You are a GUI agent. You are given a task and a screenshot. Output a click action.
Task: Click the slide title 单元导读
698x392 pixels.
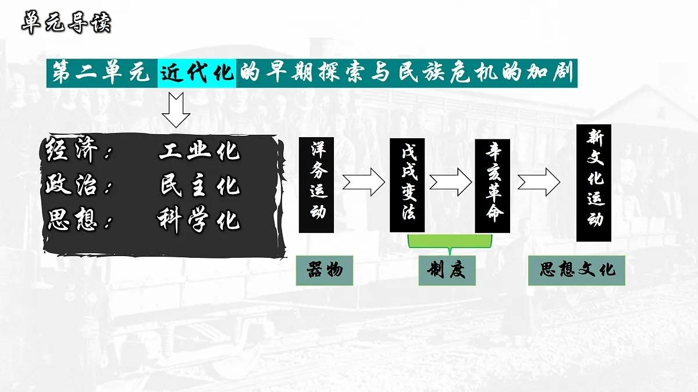[66, 23]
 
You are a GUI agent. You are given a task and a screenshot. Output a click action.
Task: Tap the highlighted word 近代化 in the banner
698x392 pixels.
[197, 73]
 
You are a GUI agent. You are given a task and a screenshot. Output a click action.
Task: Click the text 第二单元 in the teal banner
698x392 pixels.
[101, 73]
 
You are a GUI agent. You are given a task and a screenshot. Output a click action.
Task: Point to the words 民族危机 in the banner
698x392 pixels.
[448, 73]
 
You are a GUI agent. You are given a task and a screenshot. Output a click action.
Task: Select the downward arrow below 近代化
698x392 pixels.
[176, 110]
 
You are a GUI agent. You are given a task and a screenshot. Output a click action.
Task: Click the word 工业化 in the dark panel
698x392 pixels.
[200, 151]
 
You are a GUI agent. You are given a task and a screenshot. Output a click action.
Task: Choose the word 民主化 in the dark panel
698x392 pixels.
[200, 186]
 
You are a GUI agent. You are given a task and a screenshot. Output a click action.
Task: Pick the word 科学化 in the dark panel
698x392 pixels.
[199, 220]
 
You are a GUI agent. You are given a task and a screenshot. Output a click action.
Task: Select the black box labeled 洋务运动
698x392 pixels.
[316, 185]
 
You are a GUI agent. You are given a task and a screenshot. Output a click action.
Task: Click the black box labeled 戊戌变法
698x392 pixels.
[407, 185]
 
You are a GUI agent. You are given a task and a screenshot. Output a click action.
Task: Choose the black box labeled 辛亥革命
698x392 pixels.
[492, 186]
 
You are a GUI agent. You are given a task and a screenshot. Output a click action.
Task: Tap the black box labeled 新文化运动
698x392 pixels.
[594, 183]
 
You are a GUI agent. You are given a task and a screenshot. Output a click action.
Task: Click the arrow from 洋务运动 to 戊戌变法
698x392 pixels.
[364, 182]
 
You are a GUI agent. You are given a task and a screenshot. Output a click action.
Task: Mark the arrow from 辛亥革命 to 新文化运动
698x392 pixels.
[539, 182]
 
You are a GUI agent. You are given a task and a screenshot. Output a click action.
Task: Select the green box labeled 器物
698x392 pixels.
[325, 271]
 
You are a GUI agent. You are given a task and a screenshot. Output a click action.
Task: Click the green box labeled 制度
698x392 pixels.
[447, 271]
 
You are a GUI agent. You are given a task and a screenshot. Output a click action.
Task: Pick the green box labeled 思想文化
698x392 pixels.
[576, 271]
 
